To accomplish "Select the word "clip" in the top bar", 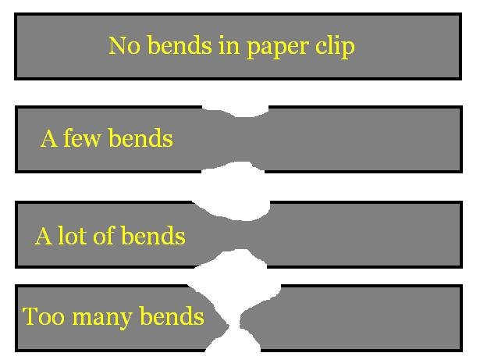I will pos(336,47).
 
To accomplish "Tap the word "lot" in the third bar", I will pos(72,236).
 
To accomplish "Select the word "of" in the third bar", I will pos(103,236).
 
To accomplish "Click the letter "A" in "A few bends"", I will pos(48,139).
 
